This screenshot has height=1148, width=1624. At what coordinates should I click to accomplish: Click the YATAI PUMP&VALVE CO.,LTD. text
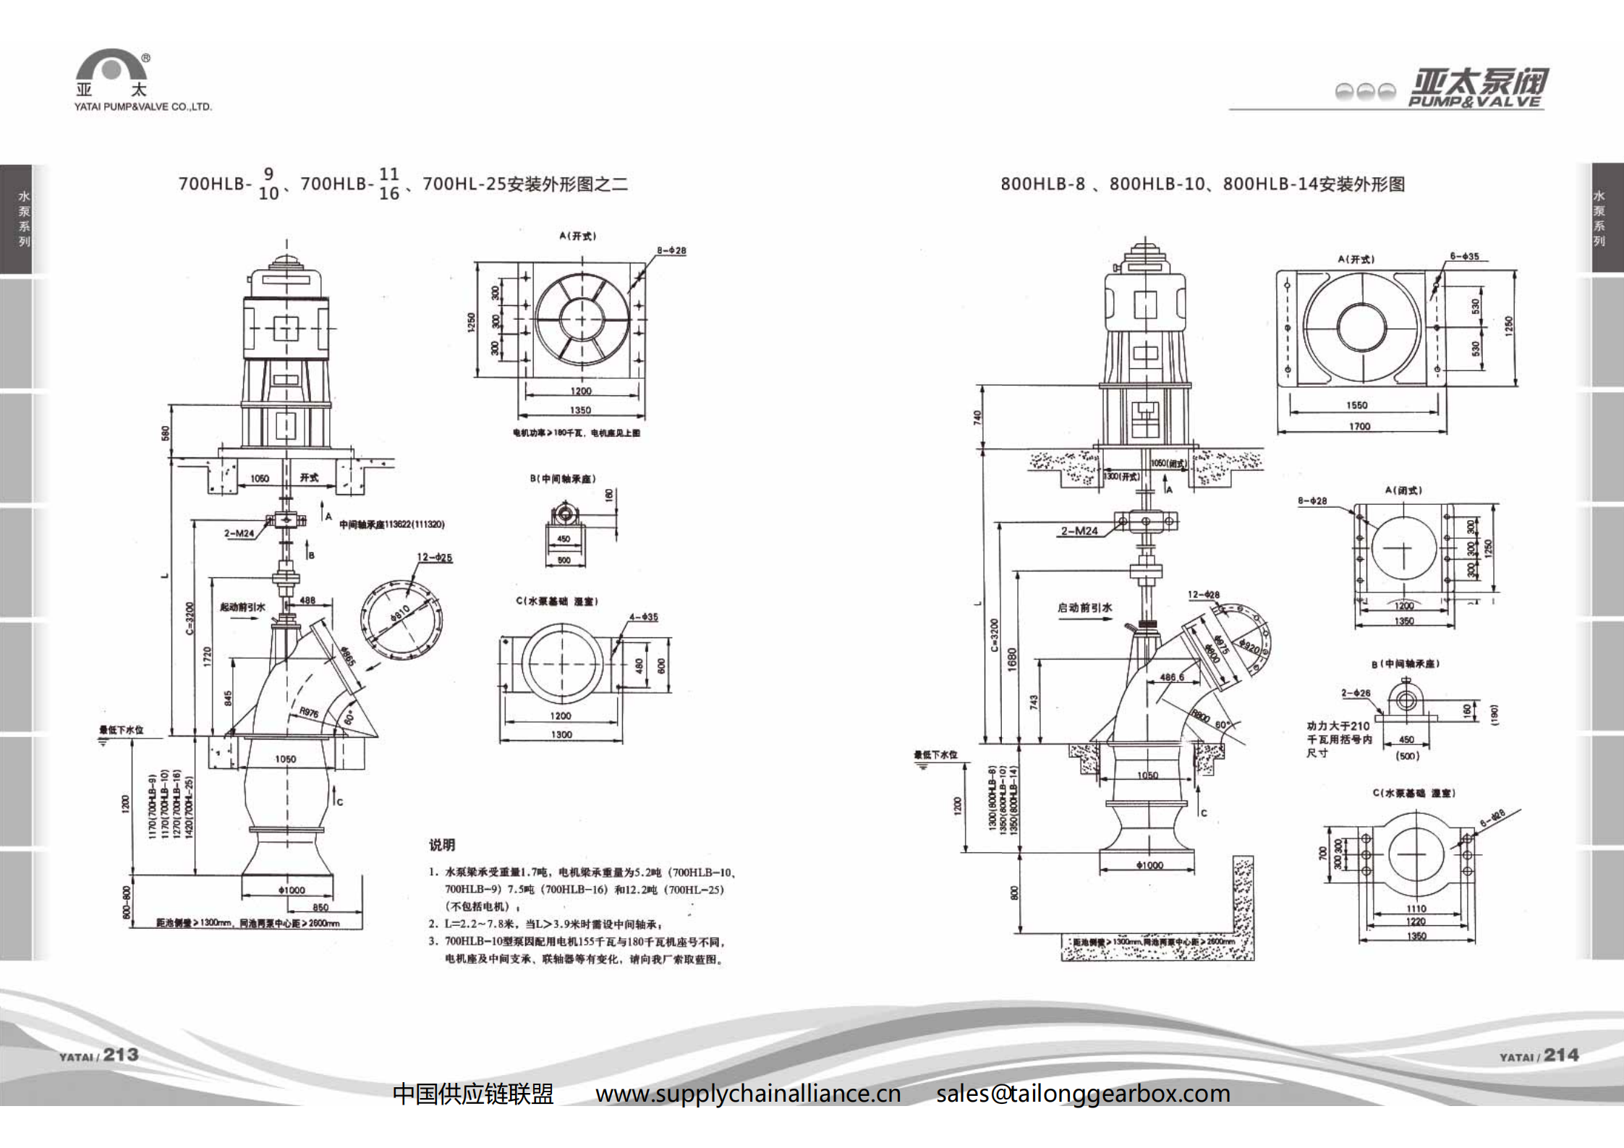click(x=143, y=107)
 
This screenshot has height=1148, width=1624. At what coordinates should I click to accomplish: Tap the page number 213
click(x=120, y=1055)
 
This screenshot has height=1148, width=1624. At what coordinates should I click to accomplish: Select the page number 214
click(x=1561, y=1055)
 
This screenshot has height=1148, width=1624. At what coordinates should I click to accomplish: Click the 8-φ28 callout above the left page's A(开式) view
click(x=671, y=250)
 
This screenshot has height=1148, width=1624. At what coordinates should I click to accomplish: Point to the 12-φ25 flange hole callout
click(x=434, y=558)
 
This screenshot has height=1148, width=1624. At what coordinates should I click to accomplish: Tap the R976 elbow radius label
click(x=309, y=713)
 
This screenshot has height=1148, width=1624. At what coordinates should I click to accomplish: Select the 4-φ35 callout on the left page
click(x=643, y=617)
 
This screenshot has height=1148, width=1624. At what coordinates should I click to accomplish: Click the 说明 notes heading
click(x=442, y=845)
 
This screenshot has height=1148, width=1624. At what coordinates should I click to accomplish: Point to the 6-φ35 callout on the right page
click(x=1464, y=256)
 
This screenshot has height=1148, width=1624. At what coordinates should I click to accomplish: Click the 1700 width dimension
click(x=1359, y=426)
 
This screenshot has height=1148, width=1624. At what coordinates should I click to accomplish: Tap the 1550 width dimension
click(x=1357, y=405)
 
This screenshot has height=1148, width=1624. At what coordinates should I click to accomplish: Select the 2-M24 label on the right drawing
click(x=1079, y=531)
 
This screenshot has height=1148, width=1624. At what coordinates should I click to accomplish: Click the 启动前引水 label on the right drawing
click(x=1084, y=608)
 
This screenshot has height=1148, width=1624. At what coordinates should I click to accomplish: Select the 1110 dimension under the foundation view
click(x=1416, y=909)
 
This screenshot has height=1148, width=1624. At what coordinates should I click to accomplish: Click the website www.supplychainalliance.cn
click(x=748, y=1093)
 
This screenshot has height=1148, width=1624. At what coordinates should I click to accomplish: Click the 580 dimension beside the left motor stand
click(x=166, y=433)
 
